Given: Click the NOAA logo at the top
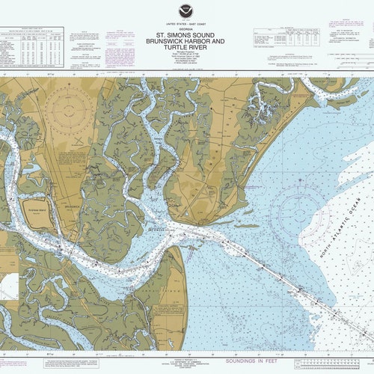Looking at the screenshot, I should click(x=186, y=11).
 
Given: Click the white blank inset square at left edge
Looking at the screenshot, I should click(x=8, y=286).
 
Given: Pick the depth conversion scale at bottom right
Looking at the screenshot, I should click(x=333, y=363).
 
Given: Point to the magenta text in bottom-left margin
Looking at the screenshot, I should click(x=30, y=363).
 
